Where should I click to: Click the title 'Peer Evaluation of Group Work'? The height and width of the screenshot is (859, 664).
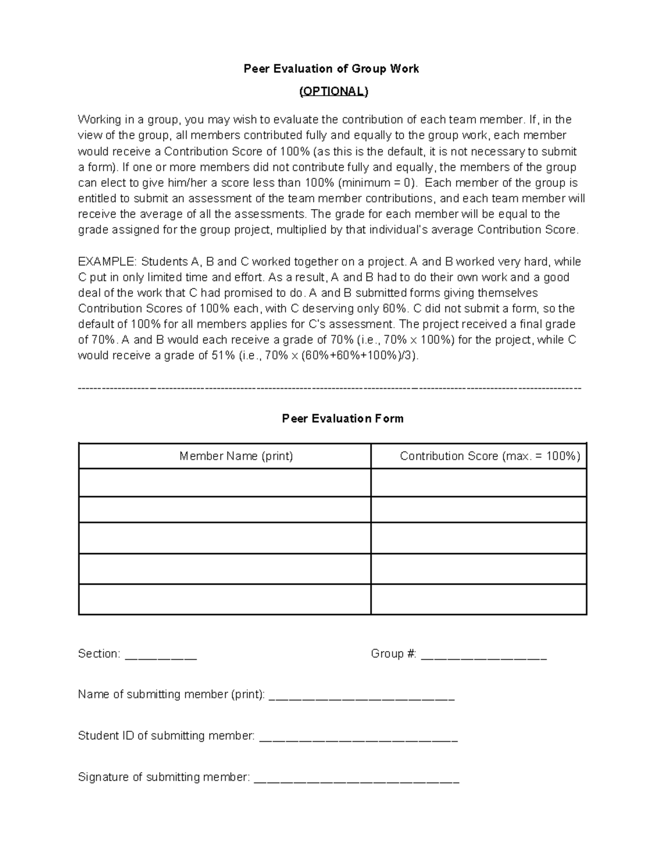point(331,69)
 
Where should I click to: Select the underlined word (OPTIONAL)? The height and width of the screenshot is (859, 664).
point(333,91)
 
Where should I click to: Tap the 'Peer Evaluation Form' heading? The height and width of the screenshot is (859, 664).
point(343,419)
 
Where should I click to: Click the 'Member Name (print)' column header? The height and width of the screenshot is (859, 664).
point(236,456)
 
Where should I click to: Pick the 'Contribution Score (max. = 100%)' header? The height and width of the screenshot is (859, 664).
point(490,456)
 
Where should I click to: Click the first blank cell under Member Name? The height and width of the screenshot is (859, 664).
point(225,483)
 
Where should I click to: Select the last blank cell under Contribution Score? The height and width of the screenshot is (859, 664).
point(479,599)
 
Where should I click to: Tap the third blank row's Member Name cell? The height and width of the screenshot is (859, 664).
point(225,538)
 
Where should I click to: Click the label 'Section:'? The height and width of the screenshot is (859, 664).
point(99,654)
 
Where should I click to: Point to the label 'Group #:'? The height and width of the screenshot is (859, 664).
point(393,654)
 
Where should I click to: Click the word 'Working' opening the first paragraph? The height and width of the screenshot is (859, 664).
point(98,120)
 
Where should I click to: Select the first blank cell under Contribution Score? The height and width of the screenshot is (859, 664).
point(479,483)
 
